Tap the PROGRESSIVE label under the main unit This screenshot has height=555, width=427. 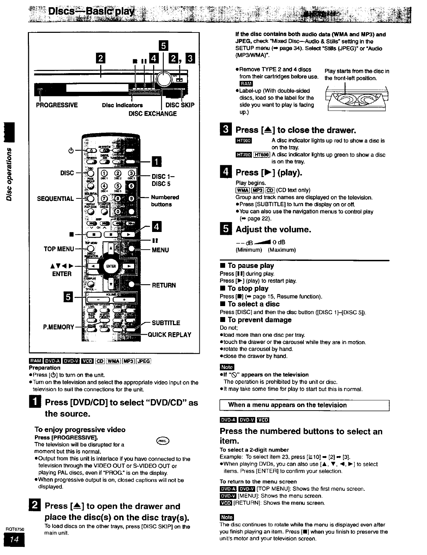(57, 105)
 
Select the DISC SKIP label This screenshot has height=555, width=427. (180, 105)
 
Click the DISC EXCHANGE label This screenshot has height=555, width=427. (152, 114)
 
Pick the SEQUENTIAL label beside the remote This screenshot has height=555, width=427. (55, 199)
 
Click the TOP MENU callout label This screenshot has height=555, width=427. (59, 249)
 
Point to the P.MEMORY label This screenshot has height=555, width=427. (59, 327)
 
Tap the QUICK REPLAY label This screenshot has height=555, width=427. (169, 335)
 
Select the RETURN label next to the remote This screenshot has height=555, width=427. (164, 285)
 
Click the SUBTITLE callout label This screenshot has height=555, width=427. (166, 323)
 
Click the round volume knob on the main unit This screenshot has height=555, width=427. (163, 79)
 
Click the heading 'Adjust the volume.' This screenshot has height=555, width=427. (273, 229)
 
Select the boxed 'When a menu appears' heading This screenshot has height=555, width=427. (304, 405)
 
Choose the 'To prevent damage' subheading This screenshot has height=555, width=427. (259, 320)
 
